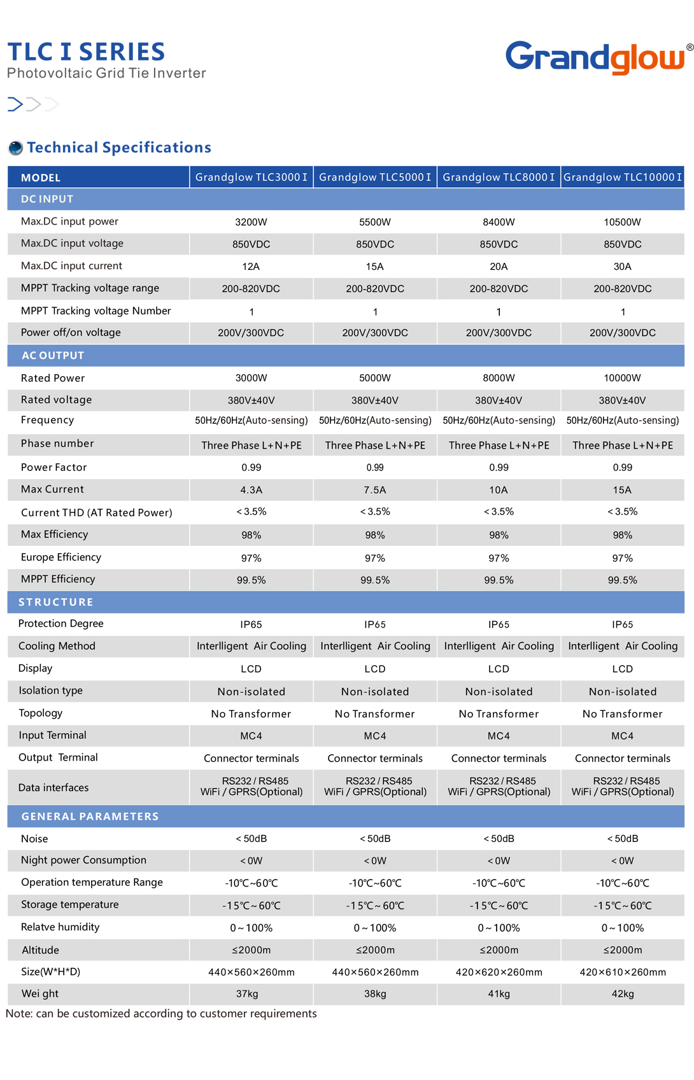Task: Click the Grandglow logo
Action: [597, 57]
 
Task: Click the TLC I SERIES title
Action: [86, 52]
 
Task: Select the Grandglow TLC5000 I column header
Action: [375, 177]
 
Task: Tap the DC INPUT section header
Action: [47, 199]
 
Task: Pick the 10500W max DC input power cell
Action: [622, 222]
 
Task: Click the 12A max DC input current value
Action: [251, 266]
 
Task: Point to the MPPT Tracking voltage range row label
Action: [90, 288]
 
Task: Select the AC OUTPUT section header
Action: [53, 356]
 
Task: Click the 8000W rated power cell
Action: [499, 378]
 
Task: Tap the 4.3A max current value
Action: [251, 490]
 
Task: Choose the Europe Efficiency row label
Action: [61, 558]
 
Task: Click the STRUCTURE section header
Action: [56, 602]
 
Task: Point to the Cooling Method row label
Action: [57, 646]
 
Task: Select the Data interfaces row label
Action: [53, 788]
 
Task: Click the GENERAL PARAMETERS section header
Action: [90, 817]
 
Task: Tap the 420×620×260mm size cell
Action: [499, 972]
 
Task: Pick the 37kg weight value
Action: [247, 994]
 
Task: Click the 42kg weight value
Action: [622, 994]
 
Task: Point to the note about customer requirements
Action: [161, 1014]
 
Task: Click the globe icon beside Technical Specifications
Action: [15, 148]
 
